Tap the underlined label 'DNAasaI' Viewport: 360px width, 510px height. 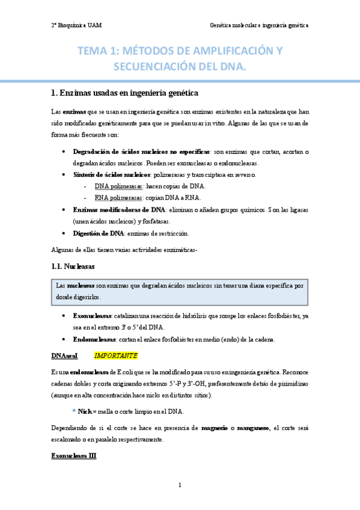pos(64,356)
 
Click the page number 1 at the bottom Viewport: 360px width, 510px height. pos(180,485)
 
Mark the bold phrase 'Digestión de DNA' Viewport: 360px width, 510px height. pos(98,233)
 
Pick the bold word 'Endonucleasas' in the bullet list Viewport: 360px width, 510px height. pos(94,339)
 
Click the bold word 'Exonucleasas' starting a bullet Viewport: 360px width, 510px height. pos(92,315)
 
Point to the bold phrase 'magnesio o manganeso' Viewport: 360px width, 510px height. pos(235,428)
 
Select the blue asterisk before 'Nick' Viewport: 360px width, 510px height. pos(74,411)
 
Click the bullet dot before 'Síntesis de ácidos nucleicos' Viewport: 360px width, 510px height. pos(64,174)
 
